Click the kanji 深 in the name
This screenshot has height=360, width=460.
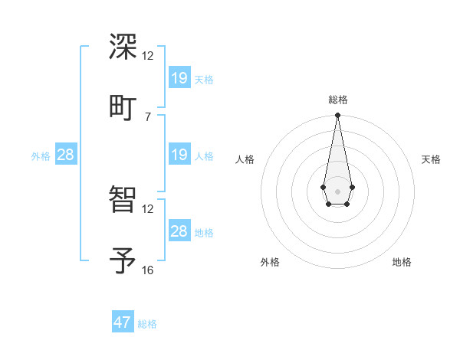(x=123, y=47)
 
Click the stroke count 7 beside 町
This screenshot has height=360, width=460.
(x=148, y=116)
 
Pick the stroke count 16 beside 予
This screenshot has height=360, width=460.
(x=148, y=270)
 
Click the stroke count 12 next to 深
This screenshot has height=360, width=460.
(x=148, y=56)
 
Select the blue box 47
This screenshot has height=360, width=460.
(x=123, y=322)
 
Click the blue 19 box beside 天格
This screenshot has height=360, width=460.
(x=179, y=77)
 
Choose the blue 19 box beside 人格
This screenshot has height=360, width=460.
(x=179, y=155)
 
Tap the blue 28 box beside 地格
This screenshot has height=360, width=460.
(x=179, y=231)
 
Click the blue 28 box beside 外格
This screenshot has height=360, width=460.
(x=66, y=155)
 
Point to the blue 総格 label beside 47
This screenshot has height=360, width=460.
(x=147, y=324)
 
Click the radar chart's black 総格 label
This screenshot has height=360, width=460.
(x=338, y=100)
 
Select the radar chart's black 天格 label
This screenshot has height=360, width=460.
(x=431, y=159)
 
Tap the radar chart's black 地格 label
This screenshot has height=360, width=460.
(x=402, y=262)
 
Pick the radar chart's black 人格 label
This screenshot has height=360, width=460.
(x=245, y=159)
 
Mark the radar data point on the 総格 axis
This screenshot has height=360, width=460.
(x=337, y=115)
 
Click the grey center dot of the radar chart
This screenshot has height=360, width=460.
(x=337, y=190)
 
